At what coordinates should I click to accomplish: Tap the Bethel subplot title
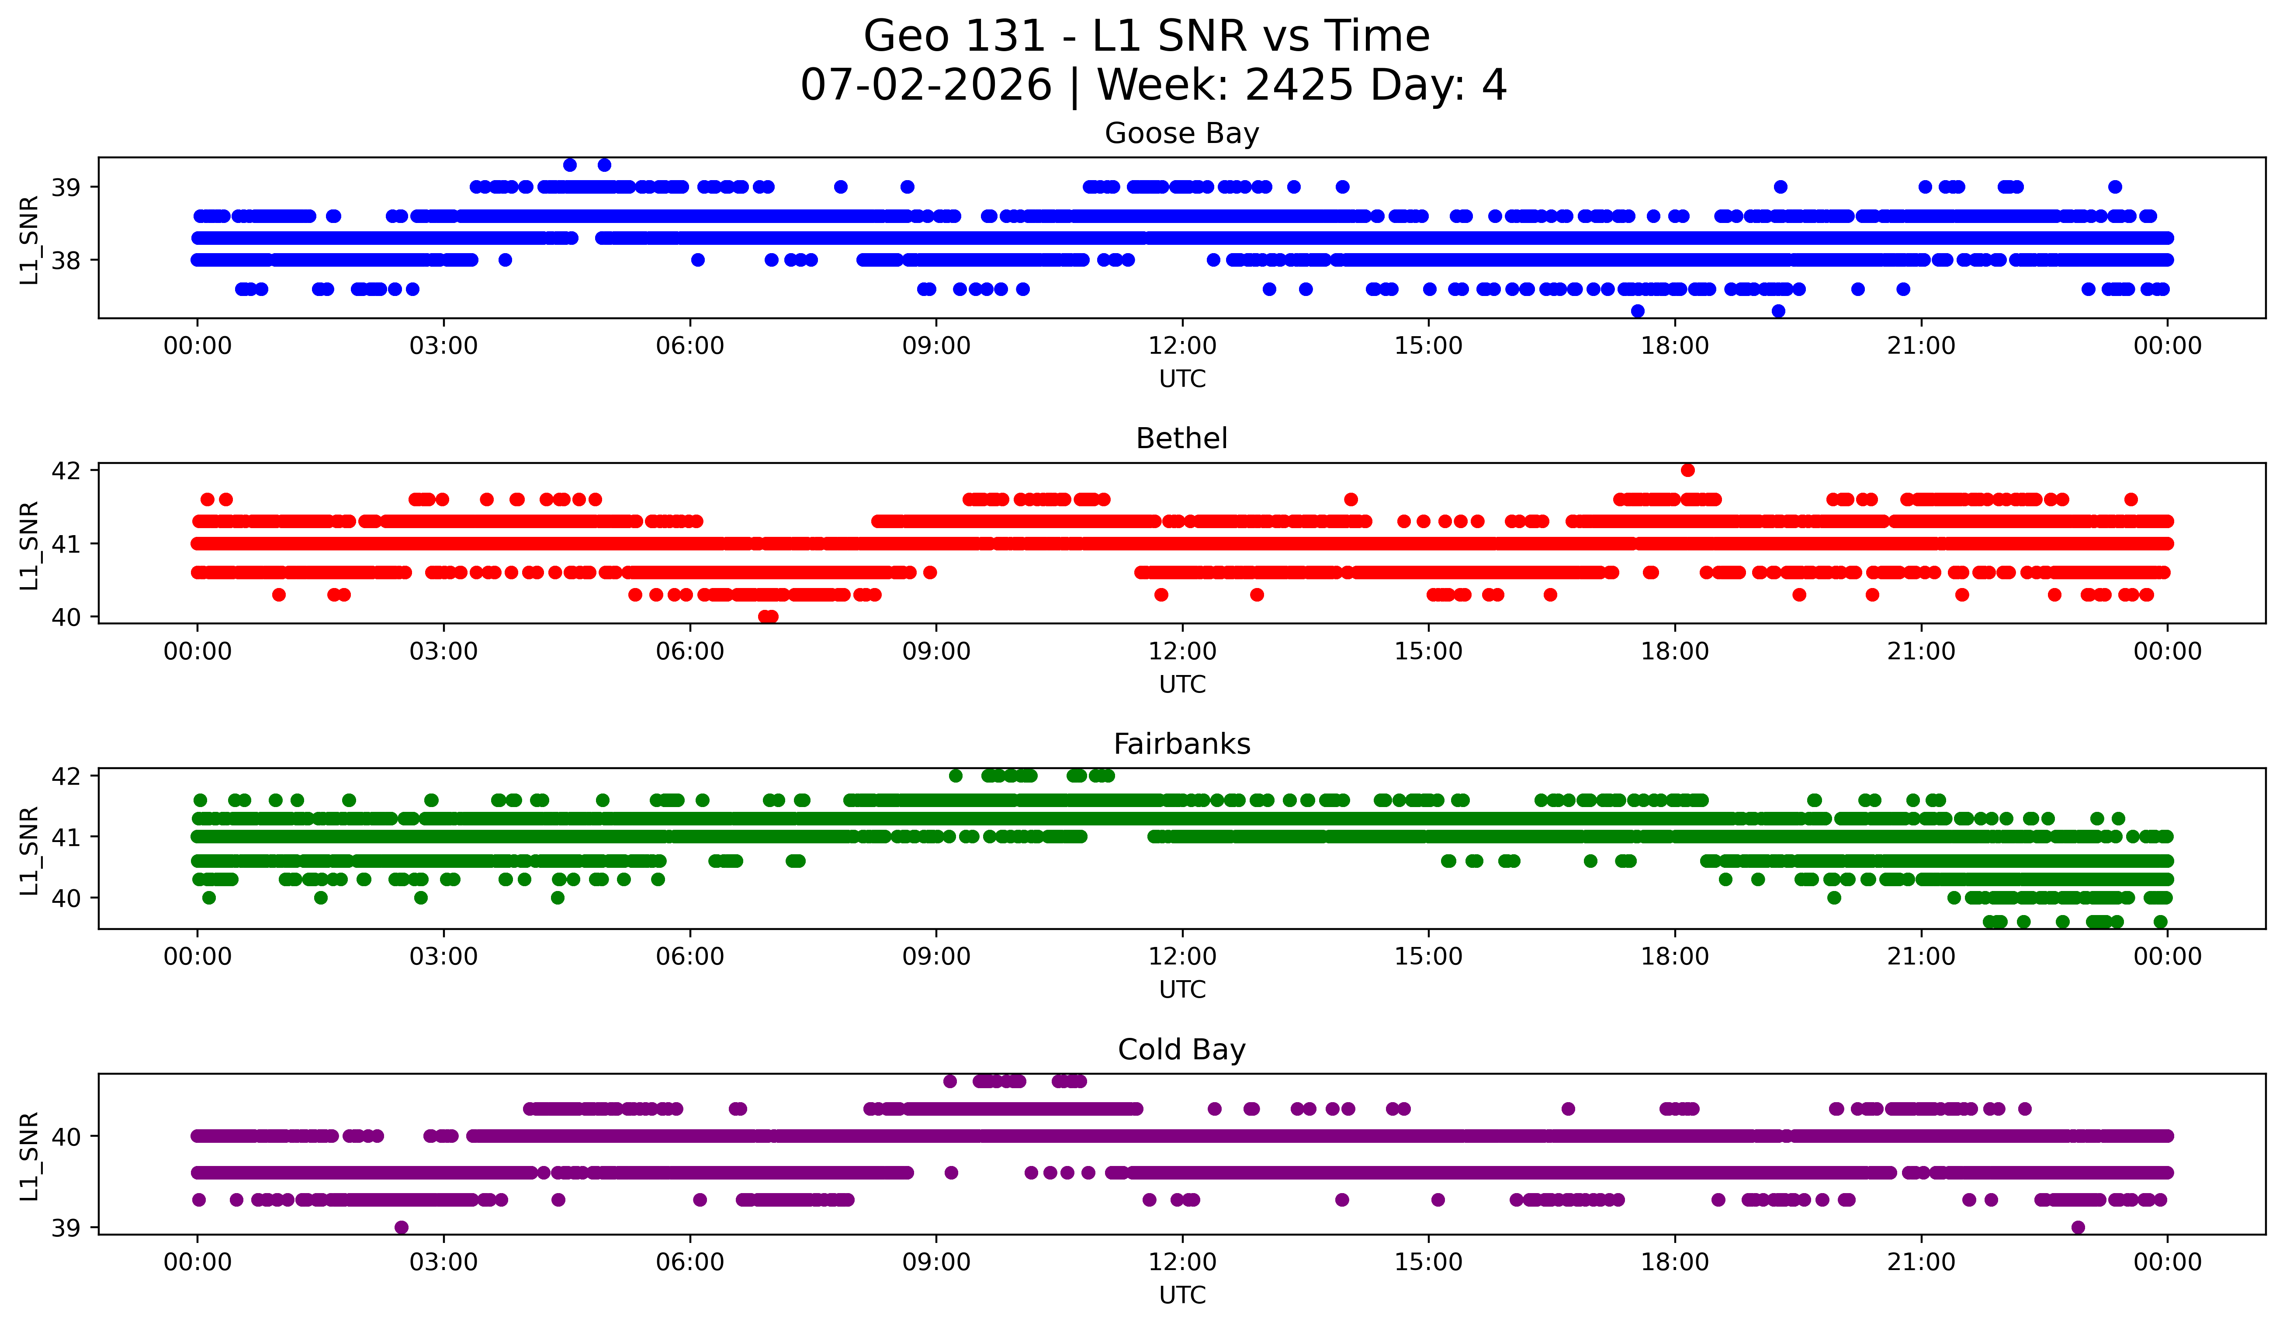(1181, 439)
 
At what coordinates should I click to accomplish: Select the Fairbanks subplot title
(1181, 744)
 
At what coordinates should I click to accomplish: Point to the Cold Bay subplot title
(1181, 1050)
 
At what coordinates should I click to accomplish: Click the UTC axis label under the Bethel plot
(1182, 684)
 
